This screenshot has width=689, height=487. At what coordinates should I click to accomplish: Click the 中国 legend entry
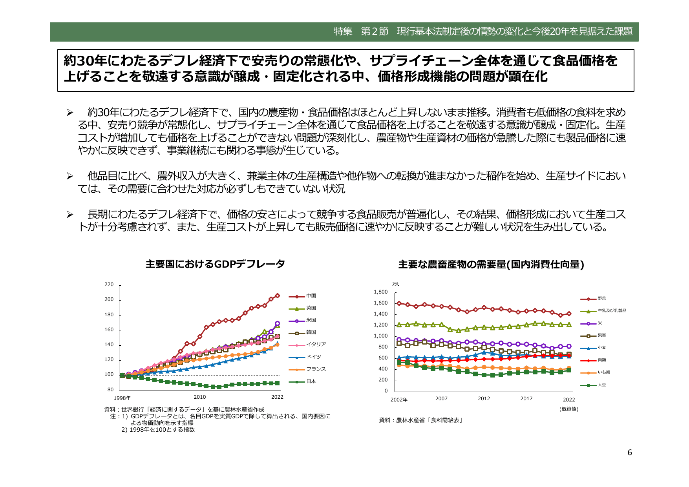tap(311, 296)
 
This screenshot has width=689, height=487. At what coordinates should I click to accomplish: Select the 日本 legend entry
tap(311, 381)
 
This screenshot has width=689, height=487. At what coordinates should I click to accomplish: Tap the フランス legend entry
tap(316, 369)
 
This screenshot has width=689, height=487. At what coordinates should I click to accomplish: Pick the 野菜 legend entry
tap(601, 299)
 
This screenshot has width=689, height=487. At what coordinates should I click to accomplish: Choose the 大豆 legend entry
tap(601, 385)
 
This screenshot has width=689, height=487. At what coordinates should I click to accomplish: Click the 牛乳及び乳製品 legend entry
tap(612, 311)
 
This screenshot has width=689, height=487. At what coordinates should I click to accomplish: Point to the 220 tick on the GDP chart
tap(109, 285)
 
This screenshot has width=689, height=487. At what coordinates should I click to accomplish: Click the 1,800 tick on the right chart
tap(380, 292)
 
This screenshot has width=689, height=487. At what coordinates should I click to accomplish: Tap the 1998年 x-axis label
tap(122, 398)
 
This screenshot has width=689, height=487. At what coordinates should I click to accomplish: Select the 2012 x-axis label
tap(484, 399)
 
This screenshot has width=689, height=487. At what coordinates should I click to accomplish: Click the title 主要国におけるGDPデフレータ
tap(215, 264)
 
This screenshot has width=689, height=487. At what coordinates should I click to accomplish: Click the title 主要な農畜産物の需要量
tap(491, 264)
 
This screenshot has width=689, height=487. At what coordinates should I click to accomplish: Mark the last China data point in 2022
tap(277, 295)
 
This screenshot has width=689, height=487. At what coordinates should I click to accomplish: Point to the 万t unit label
tap(395, 284)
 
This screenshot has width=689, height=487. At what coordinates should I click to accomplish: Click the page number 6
tap(630, 453)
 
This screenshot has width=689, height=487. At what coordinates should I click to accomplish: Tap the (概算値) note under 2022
tap(568, 409)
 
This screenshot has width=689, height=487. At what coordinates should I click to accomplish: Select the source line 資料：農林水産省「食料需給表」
tap(421, 420)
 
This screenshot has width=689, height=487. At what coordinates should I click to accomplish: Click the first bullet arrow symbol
tap(69, 113)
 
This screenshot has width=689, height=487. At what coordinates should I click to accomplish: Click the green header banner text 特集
tap(343, 31)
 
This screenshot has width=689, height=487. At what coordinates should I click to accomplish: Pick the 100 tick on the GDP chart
tap(109, 374)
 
